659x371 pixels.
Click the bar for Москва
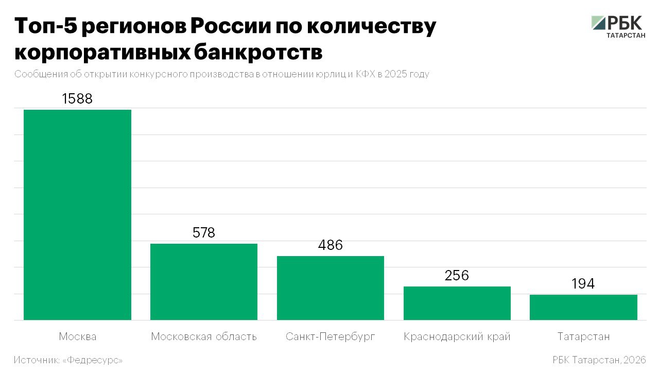click(78, 215)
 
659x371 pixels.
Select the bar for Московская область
click(204, 282)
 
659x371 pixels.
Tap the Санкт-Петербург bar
click(331, 288)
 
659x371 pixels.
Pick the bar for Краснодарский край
click(457, 303)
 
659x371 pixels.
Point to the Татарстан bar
click(583, 307)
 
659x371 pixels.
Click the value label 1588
click(77, 98)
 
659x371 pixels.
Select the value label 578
click(204, 233)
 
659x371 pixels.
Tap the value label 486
click(331, 245)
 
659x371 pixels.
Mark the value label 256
click(457, 276)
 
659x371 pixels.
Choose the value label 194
click(583, 284)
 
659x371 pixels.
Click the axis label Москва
click(78, 337)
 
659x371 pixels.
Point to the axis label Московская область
click(204, 337)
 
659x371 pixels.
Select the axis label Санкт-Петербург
click(331, 337)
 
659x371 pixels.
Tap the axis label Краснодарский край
click(457, 337)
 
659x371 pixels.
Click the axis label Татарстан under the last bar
click(583, 337)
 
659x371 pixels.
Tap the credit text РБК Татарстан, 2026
click(599, 360)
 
